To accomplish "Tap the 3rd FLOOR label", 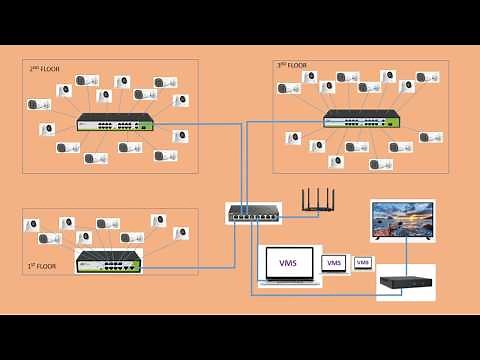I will coord(291,65).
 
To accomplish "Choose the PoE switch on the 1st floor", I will coord(109,262).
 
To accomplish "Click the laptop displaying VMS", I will coord(290,269).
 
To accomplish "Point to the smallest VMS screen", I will coord(363,263).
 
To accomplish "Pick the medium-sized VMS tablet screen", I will coord(334,263).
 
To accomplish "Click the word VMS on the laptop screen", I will coord(289,263).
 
